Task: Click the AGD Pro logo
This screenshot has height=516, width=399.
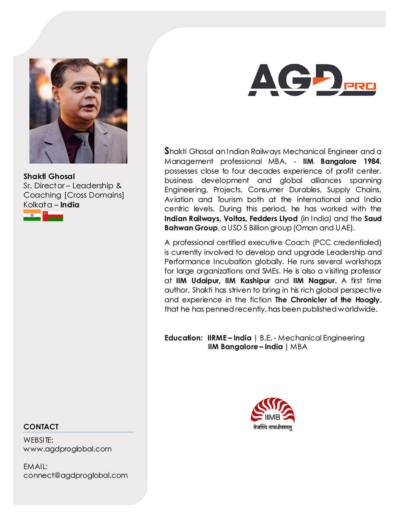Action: [x=311, y=80]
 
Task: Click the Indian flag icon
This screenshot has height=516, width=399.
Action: [x=32, y=215]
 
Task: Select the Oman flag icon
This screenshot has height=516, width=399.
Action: [x=53, y=216]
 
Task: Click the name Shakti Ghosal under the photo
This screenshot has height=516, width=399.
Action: [x=49, y=176]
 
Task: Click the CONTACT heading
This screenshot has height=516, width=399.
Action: [x=41, y=427]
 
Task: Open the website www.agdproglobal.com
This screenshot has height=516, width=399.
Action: [x=67, y=449]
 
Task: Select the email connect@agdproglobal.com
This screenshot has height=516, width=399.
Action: [x=75, y=475]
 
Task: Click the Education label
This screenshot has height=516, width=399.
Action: [x=183, y=338]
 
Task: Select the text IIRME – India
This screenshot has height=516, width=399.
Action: [x=229, y=338]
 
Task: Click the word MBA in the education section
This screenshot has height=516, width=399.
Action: [x=299, y=347]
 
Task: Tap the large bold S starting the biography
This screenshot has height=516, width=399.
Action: [x=167, y=151]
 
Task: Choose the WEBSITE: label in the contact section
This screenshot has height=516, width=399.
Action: [x=38, y=440]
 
